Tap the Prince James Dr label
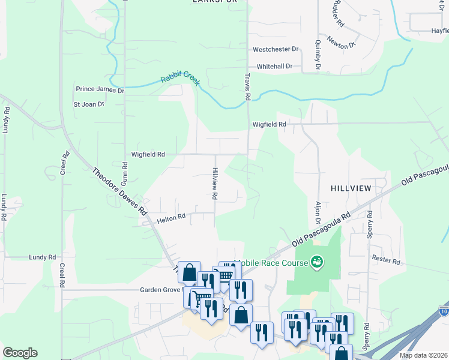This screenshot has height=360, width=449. click(x=100, y=90)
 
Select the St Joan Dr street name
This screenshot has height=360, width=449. click(x=89, y=104)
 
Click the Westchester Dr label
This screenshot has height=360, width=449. click(x=276, y=49)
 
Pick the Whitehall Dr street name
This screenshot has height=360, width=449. click(x=274, y=66)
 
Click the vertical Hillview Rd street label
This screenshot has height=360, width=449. click(x=214, y=183)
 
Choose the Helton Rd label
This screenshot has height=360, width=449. click(x=172, y=219)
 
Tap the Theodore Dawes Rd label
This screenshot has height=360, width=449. click(x=119, y=191)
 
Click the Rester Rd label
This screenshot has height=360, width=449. click(x=386, y=261)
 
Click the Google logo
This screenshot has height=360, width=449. click(x=20, y=353)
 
